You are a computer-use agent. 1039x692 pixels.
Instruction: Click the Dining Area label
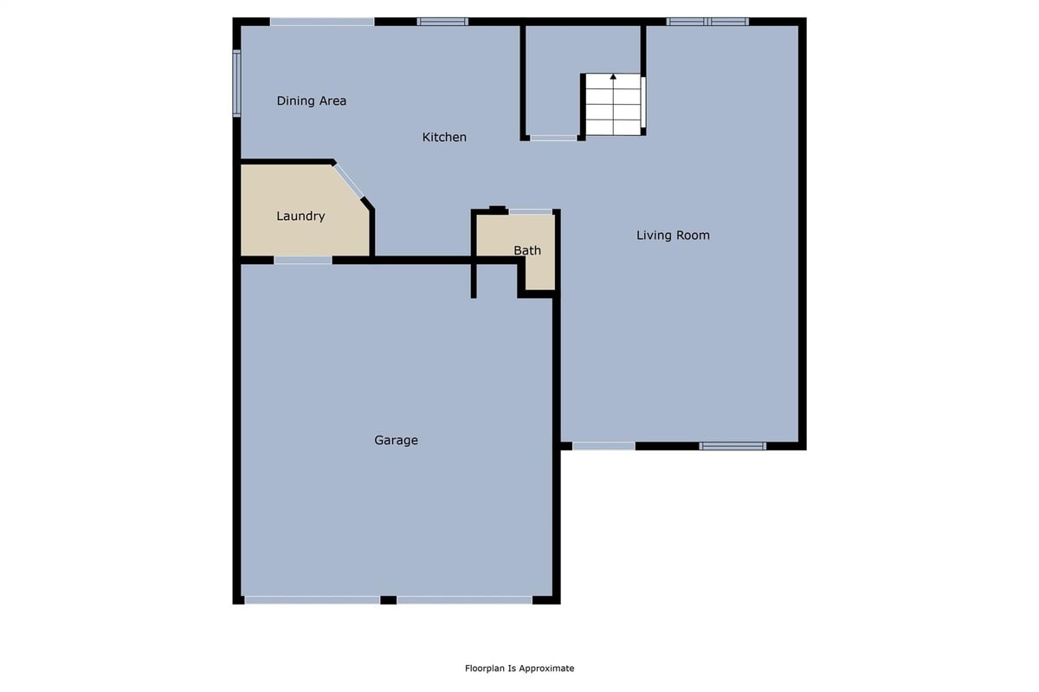click(311, 100)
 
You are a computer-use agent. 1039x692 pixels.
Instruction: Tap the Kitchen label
click(444, 137)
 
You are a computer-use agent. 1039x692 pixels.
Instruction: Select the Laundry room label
click(300, 217)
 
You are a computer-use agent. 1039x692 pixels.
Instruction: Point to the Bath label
click(527, 250)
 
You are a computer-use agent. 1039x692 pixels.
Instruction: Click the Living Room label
click(673, 236)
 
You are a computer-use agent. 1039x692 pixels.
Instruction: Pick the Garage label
click(397, 441)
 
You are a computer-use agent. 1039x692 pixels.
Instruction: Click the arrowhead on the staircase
click(613, 76)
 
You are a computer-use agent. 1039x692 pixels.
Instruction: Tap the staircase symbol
click(613, 105)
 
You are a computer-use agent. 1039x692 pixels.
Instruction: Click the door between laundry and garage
click(303, 261)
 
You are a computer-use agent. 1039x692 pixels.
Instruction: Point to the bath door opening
click(531, 211)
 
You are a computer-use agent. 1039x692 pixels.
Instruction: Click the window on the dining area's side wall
click(236, 83)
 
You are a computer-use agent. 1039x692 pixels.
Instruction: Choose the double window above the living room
click(707, 22)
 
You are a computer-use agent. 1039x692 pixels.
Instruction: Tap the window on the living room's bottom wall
click(732, 446)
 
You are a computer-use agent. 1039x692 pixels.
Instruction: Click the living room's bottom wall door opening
click(603, 446)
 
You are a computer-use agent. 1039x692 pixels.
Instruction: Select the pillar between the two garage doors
click(388, 600)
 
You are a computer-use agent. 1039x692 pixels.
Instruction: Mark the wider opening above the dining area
click(322, 22)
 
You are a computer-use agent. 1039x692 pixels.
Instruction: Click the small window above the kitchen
click(442, 22)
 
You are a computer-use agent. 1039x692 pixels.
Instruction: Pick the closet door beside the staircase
click(553, 138)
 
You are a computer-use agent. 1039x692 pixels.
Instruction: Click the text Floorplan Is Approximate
click(519, 669)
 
